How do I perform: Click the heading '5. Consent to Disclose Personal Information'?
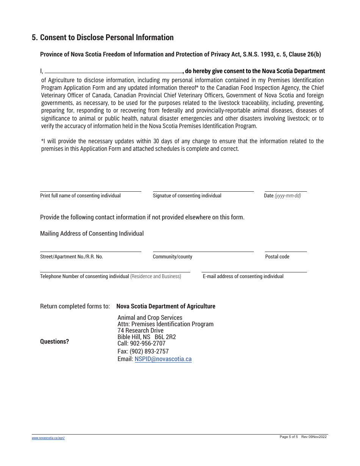[103, 38]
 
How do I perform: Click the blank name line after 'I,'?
[114, 72]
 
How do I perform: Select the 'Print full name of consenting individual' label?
[80, 196]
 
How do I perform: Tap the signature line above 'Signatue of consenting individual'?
[203, 191]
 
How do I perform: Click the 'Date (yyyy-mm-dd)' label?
[282, 196]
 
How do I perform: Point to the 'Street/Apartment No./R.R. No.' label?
[72, 257]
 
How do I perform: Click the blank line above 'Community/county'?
[203, 251]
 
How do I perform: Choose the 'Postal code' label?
[277, 257]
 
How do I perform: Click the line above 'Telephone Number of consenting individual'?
[115, 271]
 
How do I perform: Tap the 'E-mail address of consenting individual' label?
[243, 277]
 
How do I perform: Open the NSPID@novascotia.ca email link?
[163, 359]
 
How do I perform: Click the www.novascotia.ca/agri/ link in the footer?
[48, 438]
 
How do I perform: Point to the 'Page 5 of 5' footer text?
[288, 437]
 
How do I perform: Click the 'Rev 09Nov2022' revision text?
[314, 437]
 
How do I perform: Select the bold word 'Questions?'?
[55, 342]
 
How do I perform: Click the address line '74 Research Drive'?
[140, 331]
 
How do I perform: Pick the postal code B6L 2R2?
[165, 337]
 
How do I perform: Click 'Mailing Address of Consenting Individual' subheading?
[92, 234]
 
